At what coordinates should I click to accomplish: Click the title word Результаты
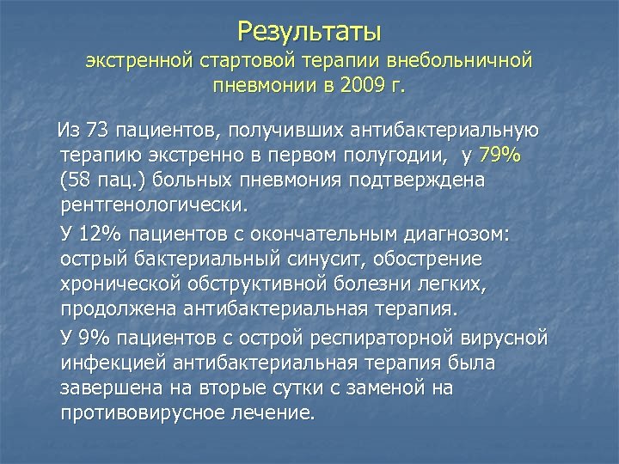coord(309,32)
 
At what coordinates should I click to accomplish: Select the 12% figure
coord(100,234)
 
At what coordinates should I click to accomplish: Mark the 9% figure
coord(95,337)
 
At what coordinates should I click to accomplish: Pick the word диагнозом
coord(466,234)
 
